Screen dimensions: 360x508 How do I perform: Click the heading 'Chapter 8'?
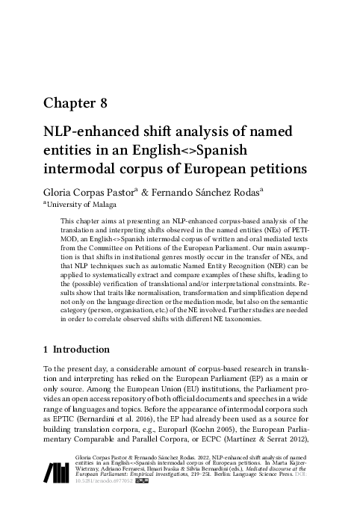(77, 103)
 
